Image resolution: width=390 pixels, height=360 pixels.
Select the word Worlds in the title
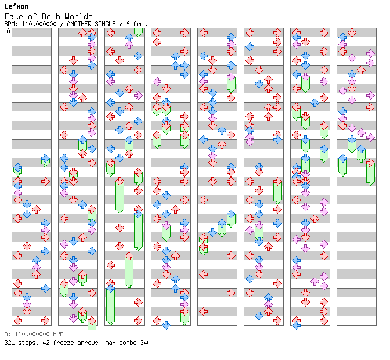[78, 16]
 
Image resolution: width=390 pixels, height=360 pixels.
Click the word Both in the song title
[52, 16]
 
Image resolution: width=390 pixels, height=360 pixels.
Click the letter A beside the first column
[9, 31]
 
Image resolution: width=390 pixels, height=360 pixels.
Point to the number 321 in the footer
[9, 343]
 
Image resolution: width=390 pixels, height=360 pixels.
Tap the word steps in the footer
[27, 343]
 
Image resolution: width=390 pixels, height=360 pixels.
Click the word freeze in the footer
[61, 343]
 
